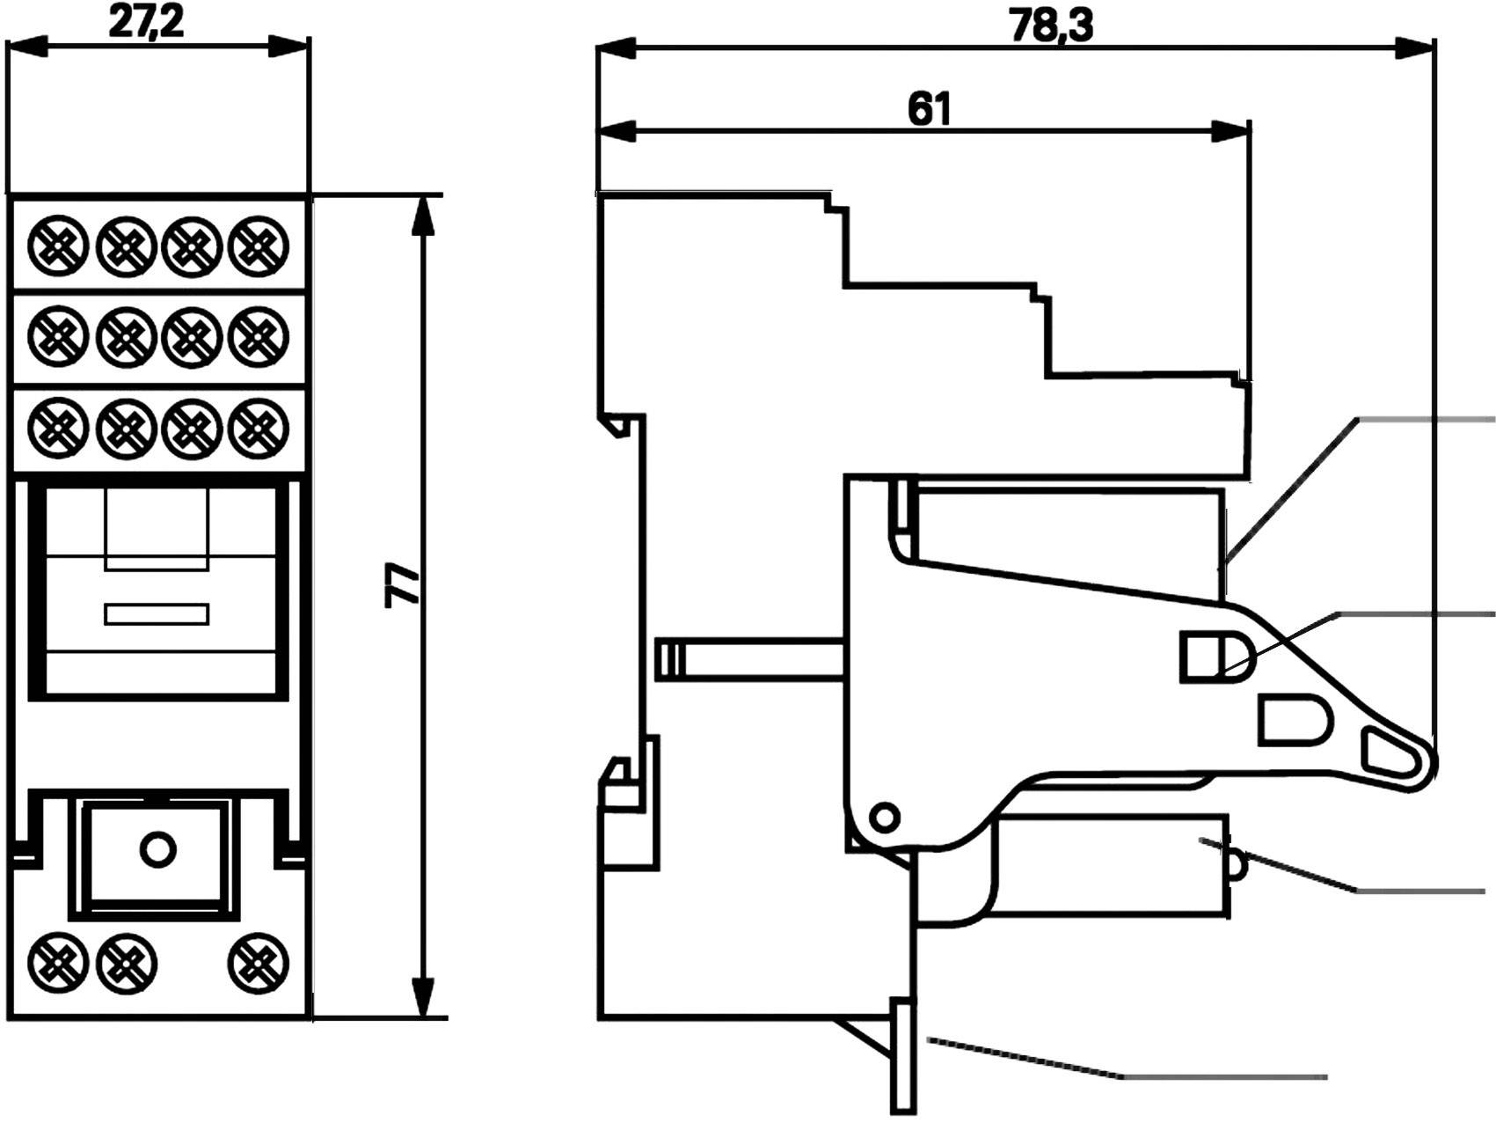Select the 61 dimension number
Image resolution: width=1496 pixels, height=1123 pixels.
929,109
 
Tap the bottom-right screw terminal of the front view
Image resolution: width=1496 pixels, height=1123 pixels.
259,961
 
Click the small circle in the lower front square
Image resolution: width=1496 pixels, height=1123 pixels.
157,849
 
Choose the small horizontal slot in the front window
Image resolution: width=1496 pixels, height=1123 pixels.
157,613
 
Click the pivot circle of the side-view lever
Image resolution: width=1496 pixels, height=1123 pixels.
885,816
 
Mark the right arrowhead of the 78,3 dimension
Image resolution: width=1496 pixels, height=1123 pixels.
1416,48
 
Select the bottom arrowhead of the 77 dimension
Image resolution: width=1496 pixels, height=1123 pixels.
424,996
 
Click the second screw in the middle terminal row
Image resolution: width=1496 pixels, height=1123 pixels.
126,335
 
